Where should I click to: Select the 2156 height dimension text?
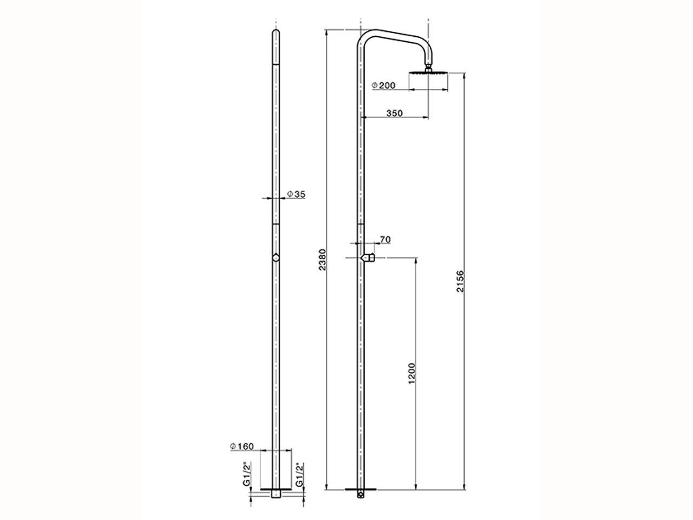[460, 282]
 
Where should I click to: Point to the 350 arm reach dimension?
[395, 113]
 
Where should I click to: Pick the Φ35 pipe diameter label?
[296, 194]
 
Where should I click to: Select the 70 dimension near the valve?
[385, 239]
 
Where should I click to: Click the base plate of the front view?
[276, 489]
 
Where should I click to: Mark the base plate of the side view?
[361, 489]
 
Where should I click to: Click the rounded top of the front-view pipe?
[276, 34]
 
